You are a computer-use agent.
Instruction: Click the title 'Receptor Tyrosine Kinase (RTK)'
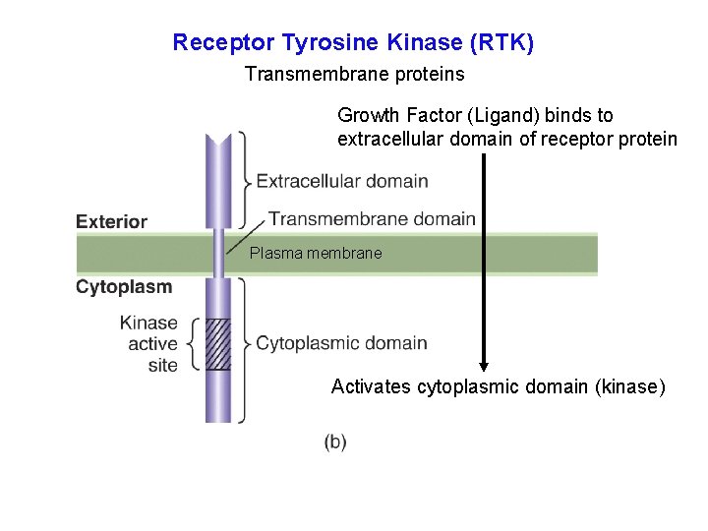click(353, 43)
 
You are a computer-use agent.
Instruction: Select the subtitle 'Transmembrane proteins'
click(354, 74)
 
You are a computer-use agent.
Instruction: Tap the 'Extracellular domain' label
click(342, 181)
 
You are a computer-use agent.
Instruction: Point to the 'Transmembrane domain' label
click(372, 219)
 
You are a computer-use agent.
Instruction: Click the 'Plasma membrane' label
click(316, 254)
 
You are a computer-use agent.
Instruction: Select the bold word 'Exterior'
click(111, 222)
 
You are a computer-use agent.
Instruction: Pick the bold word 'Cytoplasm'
click(124, 287)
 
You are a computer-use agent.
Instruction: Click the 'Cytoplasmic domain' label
click(341, 343)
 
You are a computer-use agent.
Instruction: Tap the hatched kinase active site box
click(218, 344)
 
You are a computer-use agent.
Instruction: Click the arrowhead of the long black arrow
click(483, 362)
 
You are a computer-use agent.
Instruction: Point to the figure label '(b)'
click(335, 442)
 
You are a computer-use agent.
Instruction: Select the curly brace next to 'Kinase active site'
click(193, 344)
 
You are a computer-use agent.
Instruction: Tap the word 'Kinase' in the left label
click(148, 323)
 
